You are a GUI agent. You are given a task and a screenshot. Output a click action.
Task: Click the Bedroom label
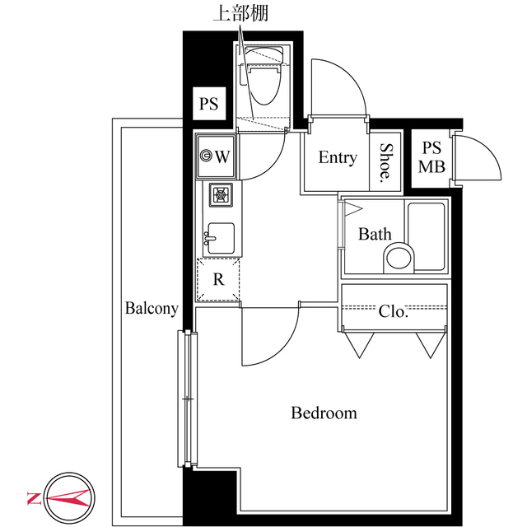click(324, 413)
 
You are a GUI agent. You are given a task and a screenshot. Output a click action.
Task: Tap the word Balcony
click(152, 309)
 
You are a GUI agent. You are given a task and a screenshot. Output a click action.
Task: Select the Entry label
click(338, 157)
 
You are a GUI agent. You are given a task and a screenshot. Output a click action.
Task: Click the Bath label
click(375, 234)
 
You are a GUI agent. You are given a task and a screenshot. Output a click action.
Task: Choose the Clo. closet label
click(393, 311)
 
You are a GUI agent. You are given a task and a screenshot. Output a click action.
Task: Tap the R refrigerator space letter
click(218, 279)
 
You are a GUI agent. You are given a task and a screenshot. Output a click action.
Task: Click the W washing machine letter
click(222, 156)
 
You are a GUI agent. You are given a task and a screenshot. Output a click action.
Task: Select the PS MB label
click(431, 157)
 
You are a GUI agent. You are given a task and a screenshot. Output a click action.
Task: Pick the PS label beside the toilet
click(208, 104)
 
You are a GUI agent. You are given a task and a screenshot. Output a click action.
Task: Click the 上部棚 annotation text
click(240, 14)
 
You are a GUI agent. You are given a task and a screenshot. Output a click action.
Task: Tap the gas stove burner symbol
click(221, 194)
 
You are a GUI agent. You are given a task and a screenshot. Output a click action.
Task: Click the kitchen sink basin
click(221, 238)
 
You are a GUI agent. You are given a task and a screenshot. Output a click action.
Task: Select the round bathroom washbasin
click(399, 258)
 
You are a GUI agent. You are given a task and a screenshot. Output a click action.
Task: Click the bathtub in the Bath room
click(427, 236)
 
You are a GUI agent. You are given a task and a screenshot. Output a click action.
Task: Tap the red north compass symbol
click(69, 497)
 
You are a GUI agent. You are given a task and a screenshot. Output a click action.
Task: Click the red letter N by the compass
click(34, 498)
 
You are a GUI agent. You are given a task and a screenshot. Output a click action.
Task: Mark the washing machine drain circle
click(205, 156)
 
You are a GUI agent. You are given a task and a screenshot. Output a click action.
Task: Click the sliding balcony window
click(188, 399)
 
